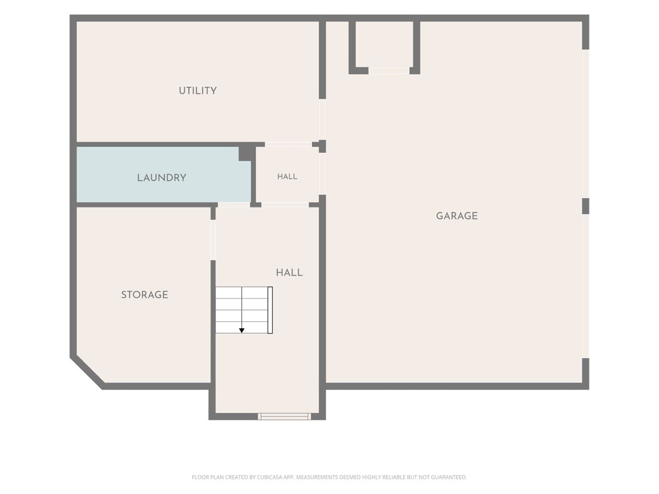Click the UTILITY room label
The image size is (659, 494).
[x=197, y=91]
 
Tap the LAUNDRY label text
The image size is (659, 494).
[x=162, y=178]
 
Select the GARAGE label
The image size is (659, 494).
[x=457, y=216]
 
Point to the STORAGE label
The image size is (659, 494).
[x=144, y=295]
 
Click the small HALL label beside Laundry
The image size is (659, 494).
[x=287, y=177]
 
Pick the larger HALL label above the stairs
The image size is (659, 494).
[x=289, y=273]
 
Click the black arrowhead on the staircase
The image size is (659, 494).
[x=242, y=330]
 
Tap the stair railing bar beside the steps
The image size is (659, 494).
[x=270, y=310]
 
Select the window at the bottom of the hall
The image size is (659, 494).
[x=284, y=416]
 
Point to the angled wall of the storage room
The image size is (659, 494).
[x=88, y=373]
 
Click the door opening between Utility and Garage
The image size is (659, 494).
[x=322, y=119]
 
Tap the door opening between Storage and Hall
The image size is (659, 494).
[x=213, y=240]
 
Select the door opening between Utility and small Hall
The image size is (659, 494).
[x=288, y=144]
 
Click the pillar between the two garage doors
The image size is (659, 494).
[x=586, y=206]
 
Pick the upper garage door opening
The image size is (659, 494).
[x=586, y=123]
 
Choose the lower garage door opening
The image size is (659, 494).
[x=586, y=286]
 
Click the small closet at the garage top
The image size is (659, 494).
[x=384, y=44]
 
